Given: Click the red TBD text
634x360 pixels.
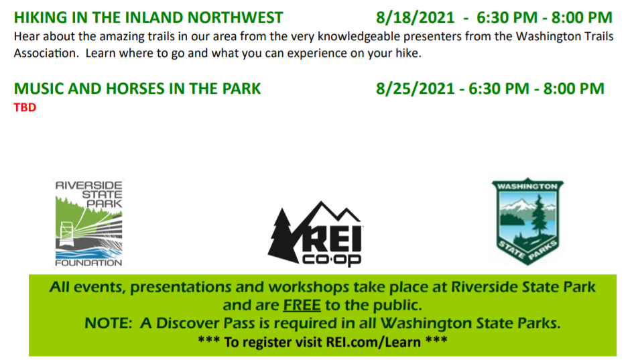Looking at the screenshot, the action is point(25,107).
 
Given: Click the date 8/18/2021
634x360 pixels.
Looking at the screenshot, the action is point(416,18).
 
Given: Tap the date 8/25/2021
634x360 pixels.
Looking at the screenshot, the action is point(416,89).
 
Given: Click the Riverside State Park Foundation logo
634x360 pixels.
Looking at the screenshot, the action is point(89,223).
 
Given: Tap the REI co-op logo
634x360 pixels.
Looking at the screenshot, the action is point(316,234).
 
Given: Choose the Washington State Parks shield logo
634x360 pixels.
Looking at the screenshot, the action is point(527,222).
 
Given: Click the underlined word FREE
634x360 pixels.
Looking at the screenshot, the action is point(302,305).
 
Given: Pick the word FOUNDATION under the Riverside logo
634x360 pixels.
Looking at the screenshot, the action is point(89,263).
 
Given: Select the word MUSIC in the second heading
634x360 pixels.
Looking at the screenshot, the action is point(38,89).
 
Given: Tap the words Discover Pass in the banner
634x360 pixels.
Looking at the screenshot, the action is point(205,323).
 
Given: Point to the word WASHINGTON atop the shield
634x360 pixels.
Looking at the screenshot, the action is point(527,186).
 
